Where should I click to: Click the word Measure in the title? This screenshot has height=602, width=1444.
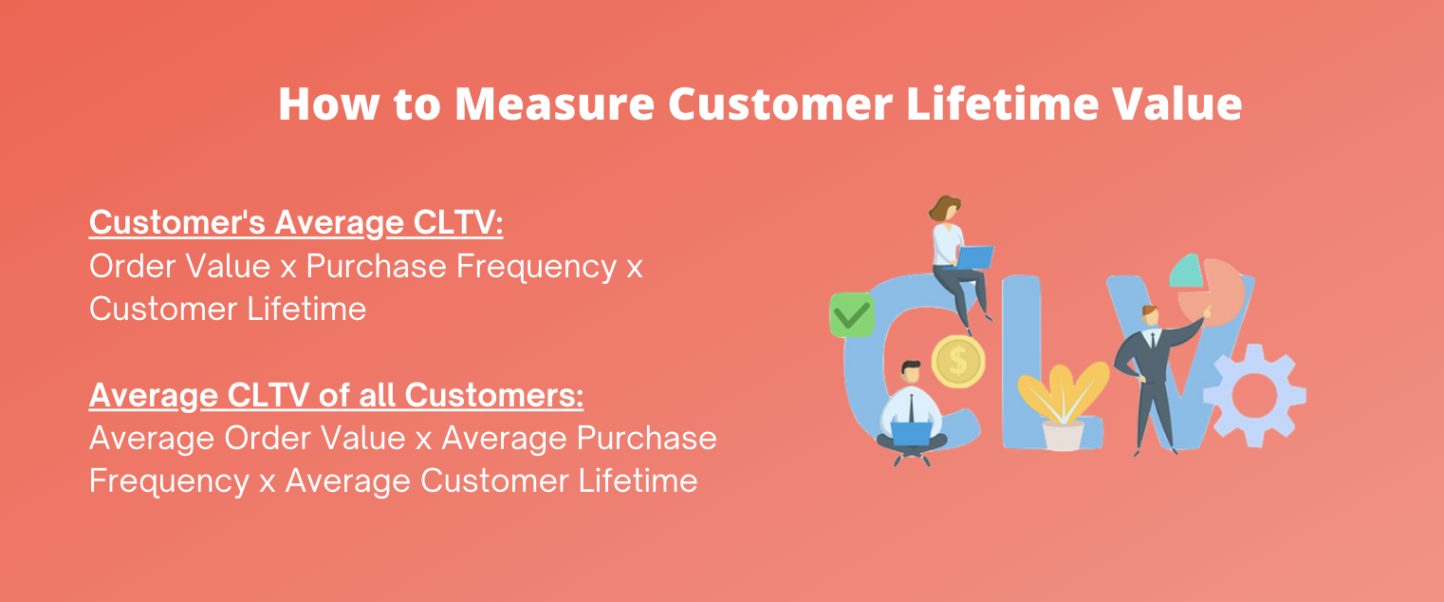point(555,103)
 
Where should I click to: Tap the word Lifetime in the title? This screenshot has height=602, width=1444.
point(1002,103)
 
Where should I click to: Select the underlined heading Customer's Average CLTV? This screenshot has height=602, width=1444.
point(296,223)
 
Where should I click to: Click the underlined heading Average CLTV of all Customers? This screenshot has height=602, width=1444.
point(336,396)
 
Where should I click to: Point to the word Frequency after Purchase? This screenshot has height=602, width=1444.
point(536,268)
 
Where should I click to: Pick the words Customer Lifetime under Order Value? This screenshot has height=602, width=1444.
point(228,309)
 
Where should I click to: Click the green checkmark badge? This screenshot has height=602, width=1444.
point(852,315)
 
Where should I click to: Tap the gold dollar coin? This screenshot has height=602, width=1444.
point(958,362)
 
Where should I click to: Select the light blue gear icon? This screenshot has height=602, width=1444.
point(1254,396)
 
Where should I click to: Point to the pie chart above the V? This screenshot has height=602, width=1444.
point(1208,289)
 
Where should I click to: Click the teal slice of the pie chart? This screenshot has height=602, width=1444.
point(1185,271)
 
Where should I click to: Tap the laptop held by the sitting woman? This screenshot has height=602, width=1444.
point(974,256)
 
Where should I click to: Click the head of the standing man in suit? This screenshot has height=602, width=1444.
point(1149,315)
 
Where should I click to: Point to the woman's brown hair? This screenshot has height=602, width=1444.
point(943,208)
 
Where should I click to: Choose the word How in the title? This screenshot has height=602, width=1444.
point(329,103)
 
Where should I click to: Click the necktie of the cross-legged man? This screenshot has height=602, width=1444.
point(912,407)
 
